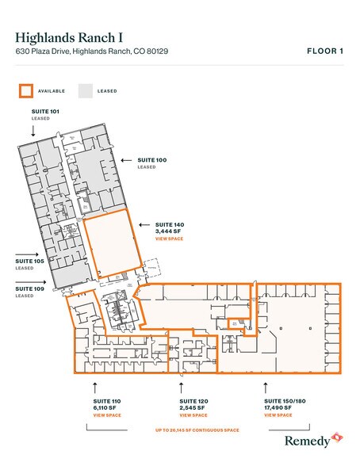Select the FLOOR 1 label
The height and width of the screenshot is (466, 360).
point(324,52)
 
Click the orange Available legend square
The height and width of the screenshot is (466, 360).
point(25,90)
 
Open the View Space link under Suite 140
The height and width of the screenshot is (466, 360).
point(170,238)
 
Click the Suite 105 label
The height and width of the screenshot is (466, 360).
point(29,261)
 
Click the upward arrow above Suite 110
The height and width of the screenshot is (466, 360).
point(95,388)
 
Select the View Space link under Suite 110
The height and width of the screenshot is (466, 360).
point(107,415)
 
